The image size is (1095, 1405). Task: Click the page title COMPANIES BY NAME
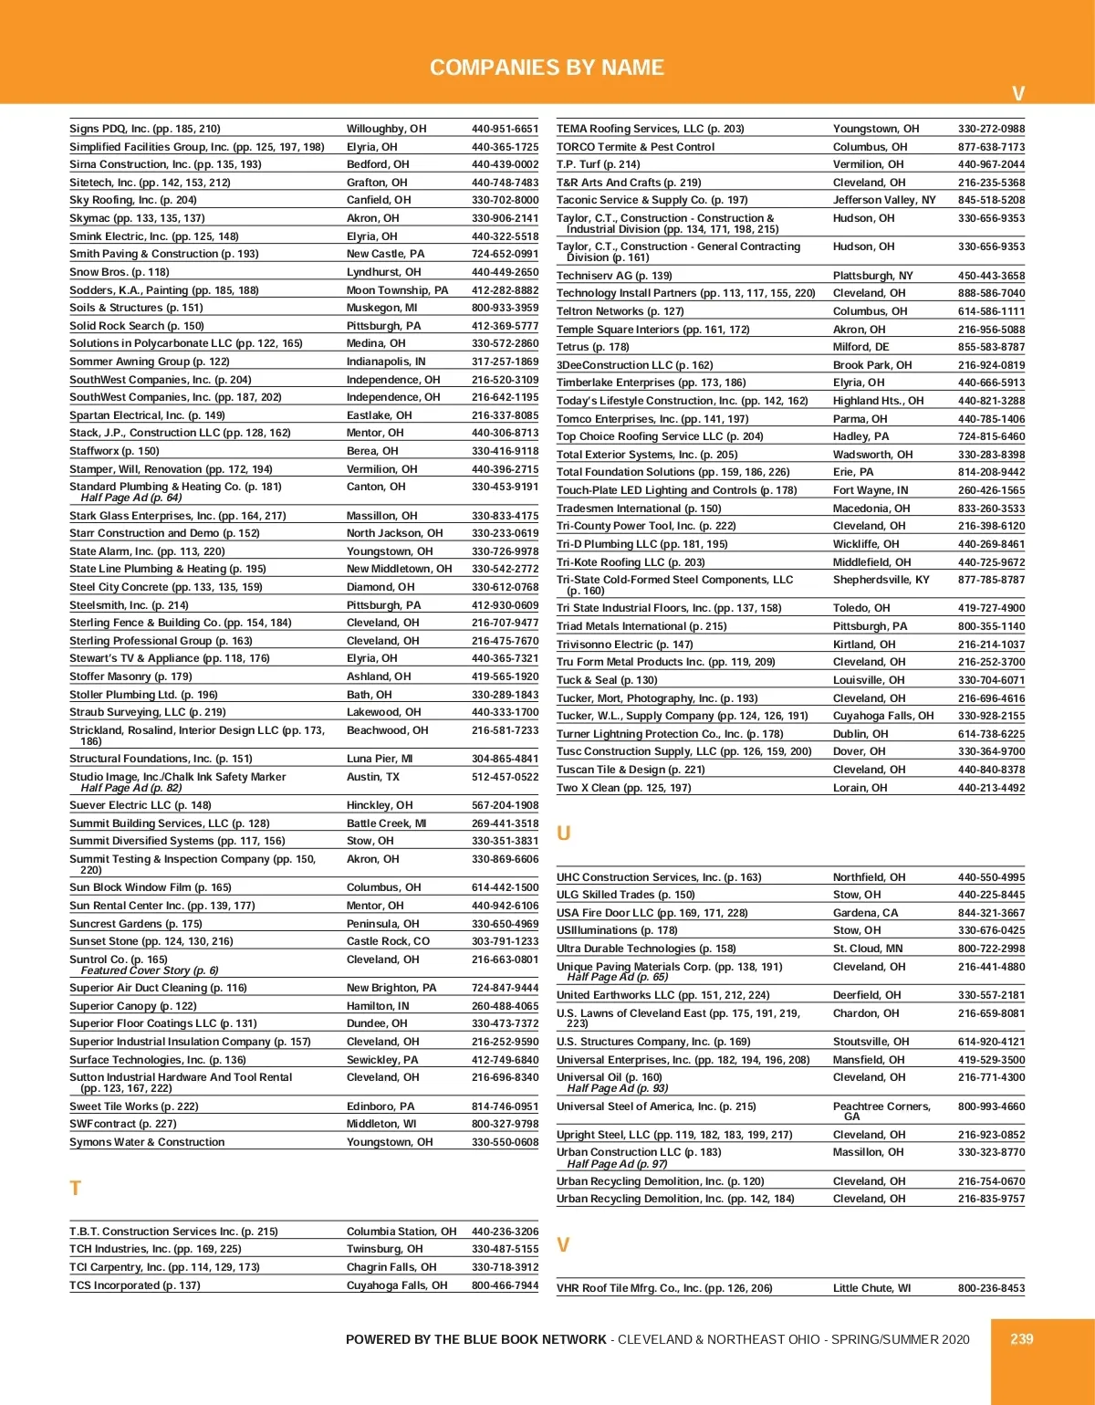[x=547, y=68]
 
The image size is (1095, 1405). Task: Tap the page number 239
[x=1021, y=1338]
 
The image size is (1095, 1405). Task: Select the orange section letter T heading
[x=76, y=1189]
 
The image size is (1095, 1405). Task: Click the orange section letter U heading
[x=564, y=834]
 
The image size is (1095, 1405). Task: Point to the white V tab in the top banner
[x=1018, y=93]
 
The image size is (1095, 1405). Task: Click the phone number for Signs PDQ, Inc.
[x=505, y=129]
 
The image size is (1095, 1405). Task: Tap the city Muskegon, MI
[x=381, y=308]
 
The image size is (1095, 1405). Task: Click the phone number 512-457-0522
[x=505, y=777]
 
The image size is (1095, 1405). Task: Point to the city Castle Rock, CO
[x=388, y=941]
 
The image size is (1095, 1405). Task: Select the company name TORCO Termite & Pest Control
[x=636, y=147]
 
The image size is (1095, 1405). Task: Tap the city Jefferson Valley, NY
[x=884, y=200]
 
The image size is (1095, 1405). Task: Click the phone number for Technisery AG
[x=991, y=276]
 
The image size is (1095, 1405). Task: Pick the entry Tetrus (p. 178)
[x=593, y=347]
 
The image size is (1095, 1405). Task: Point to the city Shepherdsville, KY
[x=881, y=580]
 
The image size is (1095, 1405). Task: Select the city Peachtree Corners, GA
[x=881, y=1110]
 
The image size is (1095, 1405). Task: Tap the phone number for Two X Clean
[x=991, y=788]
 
